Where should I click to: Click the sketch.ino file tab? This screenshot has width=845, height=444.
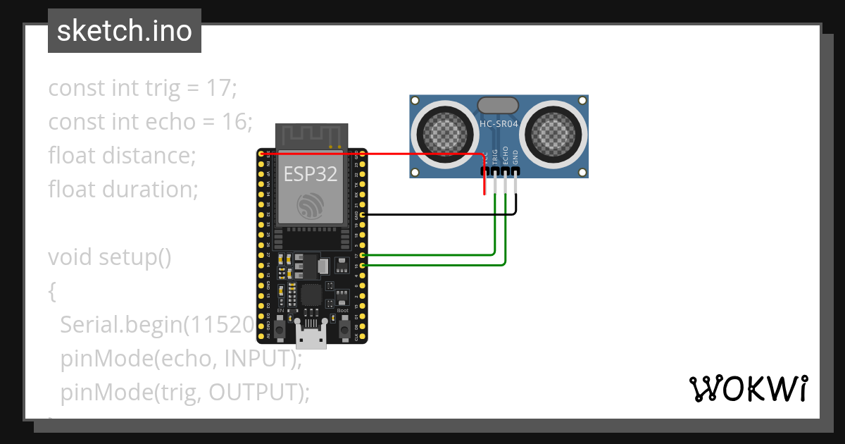(124, 31)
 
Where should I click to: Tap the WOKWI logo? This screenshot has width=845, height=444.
(748, 388)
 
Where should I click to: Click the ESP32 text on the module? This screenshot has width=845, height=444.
(311, 174)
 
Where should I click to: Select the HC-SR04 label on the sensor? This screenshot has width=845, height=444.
(499, 124)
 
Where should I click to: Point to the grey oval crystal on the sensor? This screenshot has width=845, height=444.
(499, 105)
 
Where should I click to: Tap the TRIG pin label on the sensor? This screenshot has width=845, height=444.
(495, 156)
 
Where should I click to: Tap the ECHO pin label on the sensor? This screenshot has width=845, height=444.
(506, 156)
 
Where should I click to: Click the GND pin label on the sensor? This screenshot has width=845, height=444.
(515, 156)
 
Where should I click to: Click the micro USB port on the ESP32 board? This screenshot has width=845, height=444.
(311, 340)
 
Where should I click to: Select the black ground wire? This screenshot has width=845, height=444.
(437, 214)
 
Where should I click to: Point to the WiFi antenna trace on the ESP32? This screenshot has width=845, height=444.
(311, 135)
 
